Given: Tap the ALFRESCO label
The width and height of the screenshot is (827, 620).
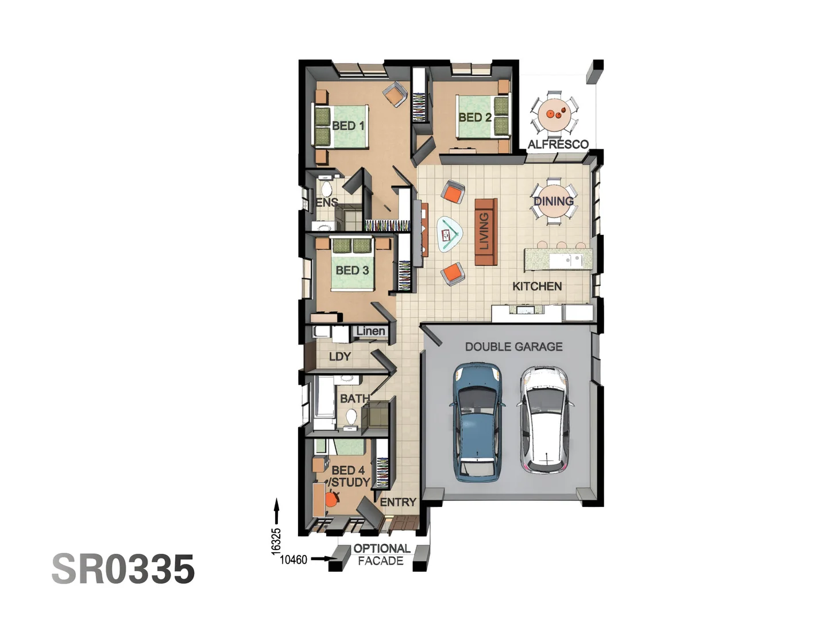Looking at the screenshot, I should coord(558,145).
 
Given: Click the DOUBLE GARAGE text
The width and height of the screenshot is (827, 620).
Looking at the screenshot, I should coord(513,347).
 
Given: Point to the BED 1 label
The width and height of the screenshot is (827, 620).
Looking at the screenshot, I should coord(348,126).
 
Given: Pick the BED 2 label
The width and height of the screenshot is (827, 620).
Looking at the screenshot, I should coord(474,118).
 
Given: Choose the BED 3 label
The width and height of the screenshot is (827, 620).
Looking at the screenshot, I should coord(352,270).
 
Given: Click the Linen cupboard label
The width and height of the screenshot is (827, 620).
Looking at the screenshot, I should coord(370,331).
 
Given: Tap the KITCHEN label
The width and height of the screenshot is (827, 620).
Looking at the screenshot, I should coord(537,286).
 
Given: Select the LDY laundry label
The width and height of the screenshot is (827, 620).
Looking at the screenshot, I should coord(339,356).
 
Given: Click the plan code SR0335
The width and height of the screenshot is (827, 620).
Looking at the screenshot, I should coord(123,569).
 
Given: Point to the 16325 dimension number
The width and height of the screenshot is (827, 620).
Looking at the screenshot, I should coord(276,541).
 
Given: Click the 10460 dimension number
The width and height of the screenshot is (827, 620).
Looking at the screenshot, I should coord(293,559).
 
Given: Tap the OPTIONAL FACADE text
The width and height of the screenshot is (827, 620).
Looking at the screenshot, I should coord(381,555).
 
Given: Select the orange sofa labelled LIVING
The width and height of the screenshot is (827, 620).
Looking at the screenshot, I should coord(485,232).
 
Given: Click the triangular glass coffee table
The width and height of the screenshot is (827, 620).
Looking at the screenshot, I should coord(449,234).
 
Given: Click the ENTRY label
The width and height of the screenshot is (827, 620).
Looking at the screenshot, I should coord(397,502).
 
